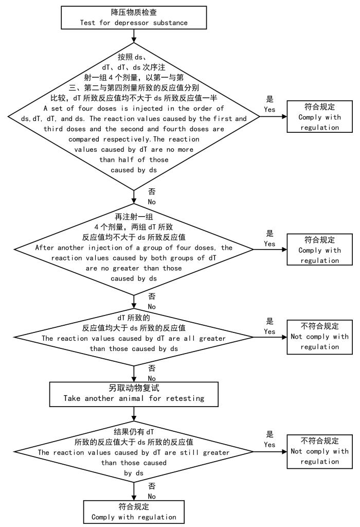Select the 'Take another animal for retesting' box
pyautogui.click(x=134, y=393)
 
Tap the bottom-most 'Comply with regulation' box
pyautogui.click(x=134, y=512)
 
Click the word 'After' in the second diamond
pyautogui.click(x=44, y=247)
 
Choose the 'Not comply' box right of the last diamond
pyautogui.click(x=319, y=451)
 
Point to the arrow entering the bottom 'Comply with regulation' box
pyautogui.click(x=134, y=491)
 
